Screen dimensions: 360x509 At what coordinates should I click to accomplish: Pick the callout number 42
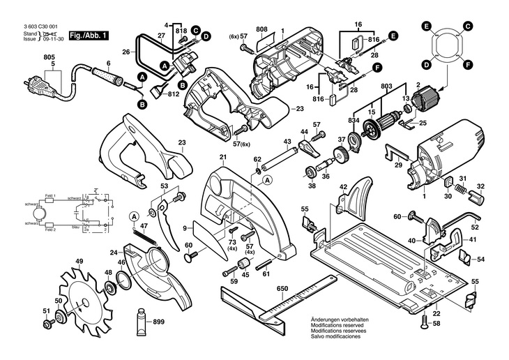pos(343,187)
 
